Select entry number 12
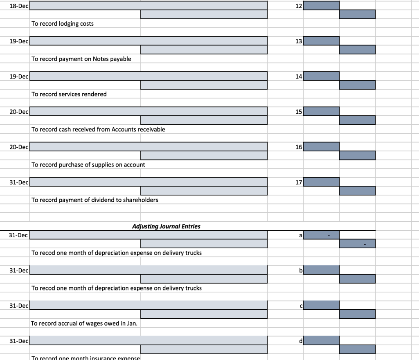click(x=298, y=6)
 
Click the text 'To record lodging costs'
click(x=63, y=24)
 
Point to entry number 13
click(x=298, y=41)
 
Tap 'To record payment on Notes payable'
click(x=81, y=59)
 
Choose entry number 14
click(x=298, y=76)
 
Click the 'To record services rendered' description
click(x=69, y=94)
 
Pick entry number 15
click(x=298, y=112)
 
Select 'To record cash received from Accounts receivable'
click(x=98, y=129)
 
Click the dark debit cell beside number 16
click(x=321, y=147)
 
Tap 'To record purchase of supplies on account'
click(x=88, y=164)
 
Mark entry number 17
click(x=298, y=182)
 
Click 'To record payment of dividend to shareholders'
click(x=95, y=200)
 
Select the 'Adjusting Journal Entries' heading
click(x=166, y=226)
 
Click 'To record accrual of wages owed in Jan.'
click(x=84, y=323)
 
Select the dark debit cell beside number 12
click(x=321, y=6)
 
